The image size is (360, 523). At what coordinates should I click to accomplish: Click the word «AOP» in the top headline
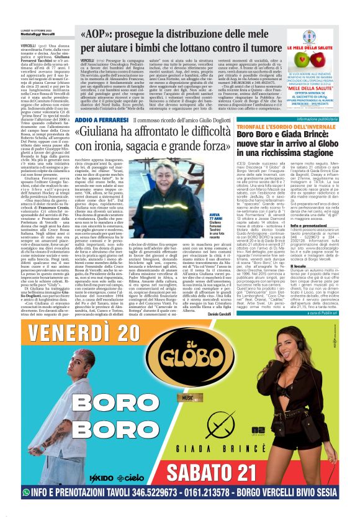pos(96,33)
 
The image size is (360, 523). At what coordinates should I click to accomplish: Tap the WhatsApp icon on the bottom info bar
pos(26,509)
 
